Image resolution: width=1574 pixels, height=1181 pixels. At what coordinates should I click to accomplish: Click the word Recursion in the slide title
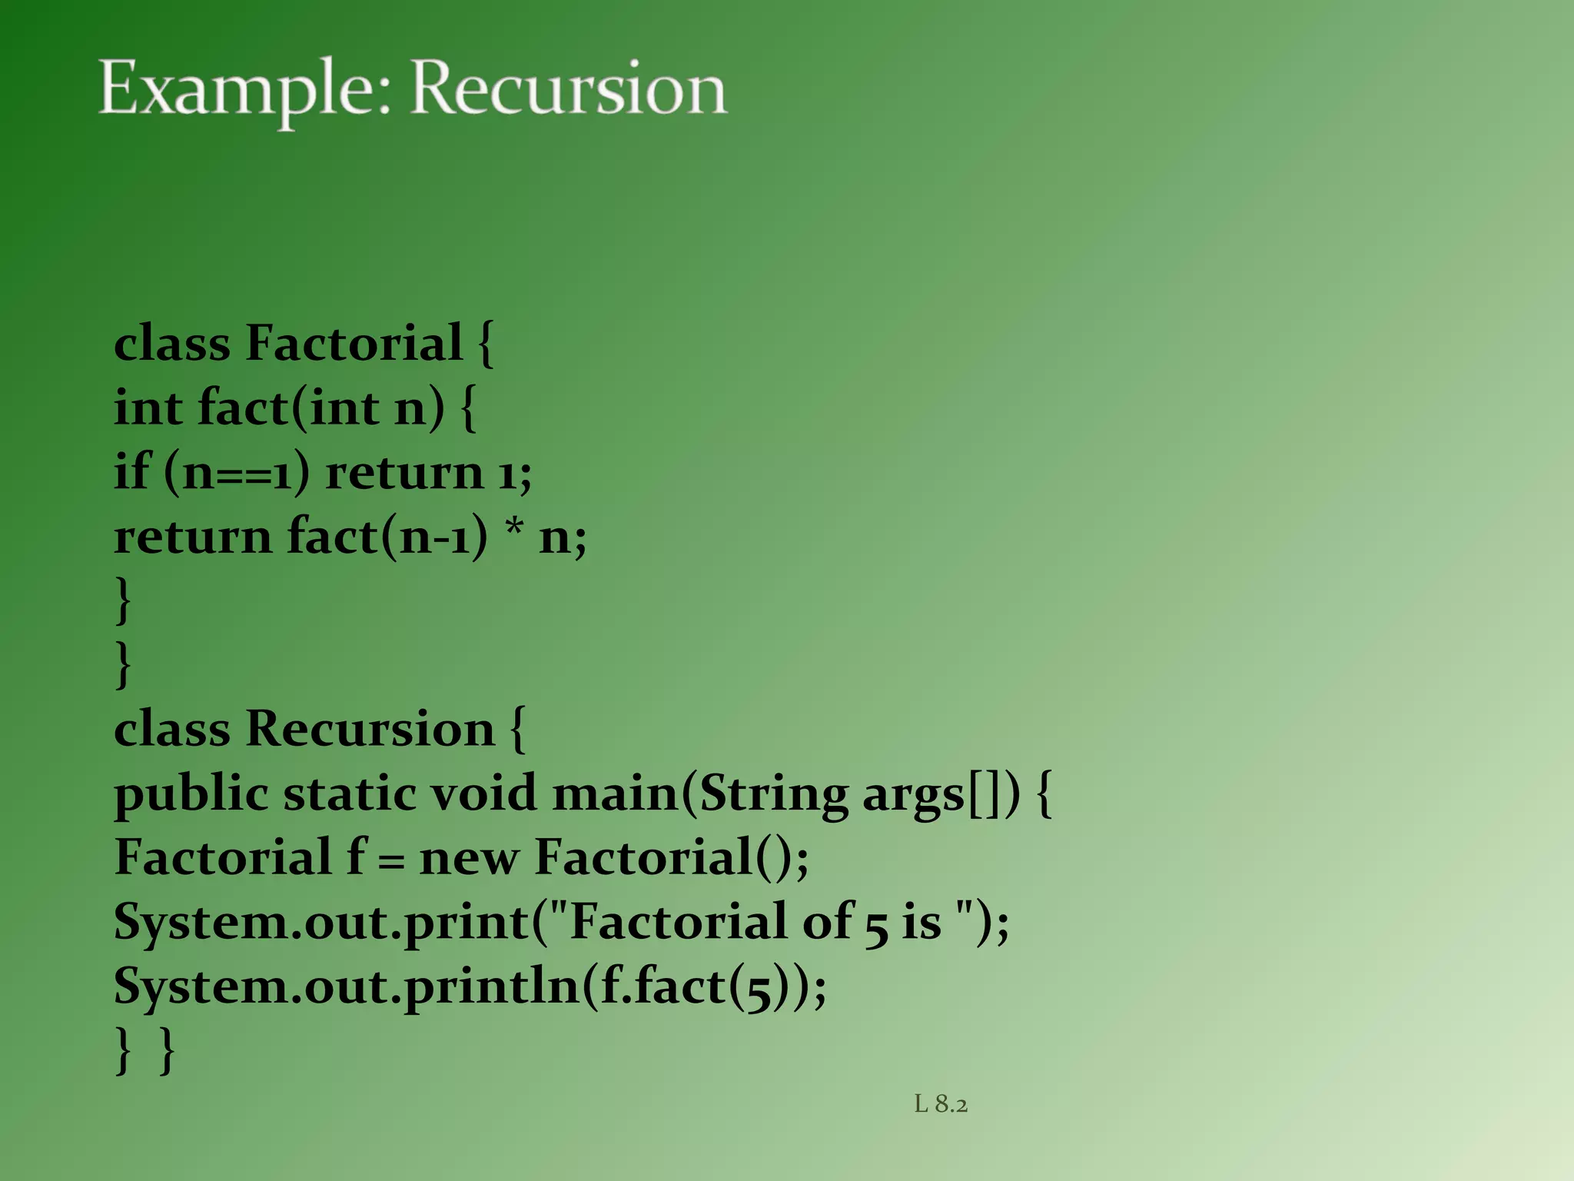pos(569,90)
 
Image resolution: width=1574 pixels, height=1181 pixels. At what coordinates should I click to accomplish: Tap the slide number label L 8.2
pos(941,1104)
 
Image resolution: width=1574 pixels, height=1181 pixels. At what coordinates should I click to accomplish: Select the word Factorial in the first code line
pos(354,343)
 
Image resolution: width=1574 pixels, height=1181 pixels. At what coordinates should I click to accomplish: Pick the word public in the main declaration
pos(191,795)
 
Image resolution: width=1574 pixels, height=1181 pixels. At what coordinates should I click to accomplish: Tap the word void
pos(483,793)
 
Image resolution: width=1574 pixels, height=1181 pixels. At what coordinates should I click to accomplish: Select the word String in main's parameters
pos(773,795)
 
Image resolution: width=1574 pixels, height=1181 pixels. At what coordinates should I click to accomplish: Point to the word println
pos(491,986)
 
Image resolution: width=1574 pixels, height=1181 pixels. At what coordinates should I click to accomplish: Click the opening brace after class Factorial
pos(485,344)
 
